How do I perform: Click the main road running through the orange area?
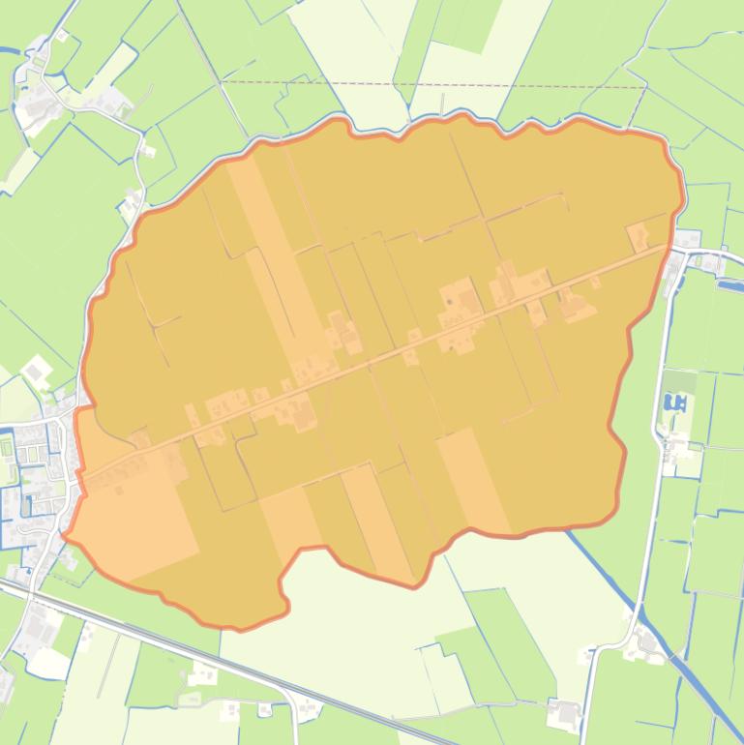(387, 359)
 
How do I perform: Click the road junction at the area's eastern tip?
(677, 251)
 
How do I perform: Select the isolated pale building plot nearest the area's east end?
(638, 236)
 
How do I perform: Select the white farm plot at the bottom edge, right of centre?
(564, 714)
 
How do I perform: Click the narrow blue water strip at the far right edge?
(728, 285)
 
